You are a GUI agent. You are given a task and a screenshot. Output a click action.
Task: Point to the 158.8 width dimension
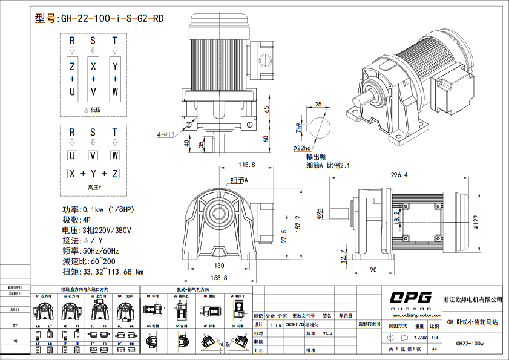(221, 278)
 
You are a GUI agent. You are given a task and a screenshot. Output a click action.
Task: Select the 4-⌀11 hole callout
(166, 134)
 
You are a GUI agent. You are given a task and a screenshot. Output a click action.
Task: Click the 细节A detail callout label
(239, 180)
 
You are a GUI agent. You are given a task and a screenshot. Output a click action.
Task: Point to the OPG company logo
(410, 297)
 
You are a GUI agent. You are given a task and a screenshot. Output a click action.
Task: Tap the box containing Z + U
(72, 79)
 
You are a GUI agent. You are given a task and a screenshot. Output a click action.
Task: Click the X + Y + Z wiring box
(93, 174)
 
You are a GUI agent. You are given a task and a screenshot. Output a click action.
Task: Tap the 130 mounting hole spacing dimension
(219, 266)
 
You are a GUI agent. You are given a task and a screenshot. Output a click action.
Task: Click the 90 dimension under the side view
(373, 269)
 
